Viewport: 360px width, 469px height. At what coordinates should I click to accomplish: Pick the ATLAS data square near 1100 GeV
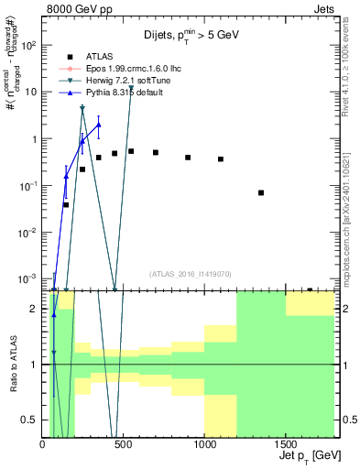pos(221,159)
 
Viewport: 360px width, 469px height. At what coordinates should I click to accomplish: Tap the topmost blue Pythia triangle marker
pos(98,124)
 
